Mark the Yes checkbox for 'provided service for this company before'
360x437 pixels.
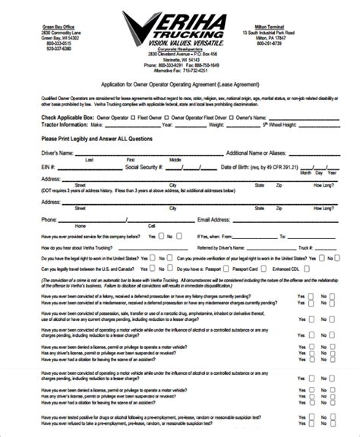[x=162, y=236]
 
